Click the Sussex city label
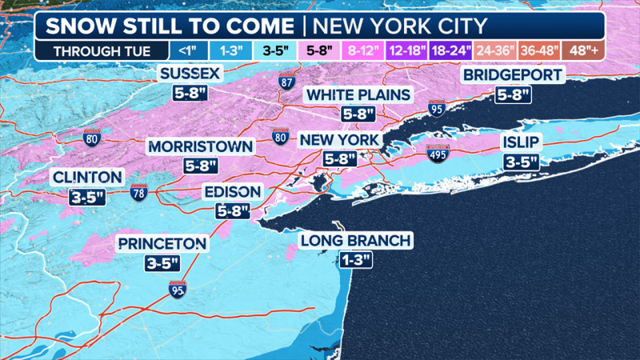(x=189, y=74)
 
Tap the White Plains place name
(x=358, y=96)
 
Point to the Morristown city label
(x=200, y=147)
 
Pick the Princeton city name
(x=163, y=243)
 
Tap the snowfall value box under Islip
(x=521, y=162)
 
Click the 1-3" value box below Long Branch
(x=355, y=260)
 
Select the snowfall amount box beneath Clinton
(x=87, y=196)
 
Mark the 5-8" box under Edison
(x=233, y=211)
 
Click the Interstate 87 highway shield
(x=286, y=82)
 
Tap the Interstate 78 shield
(x=138, y=191)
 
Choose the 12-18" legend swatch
(x=408, y=50)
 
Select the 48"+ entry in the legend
(x=584, y=50)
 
